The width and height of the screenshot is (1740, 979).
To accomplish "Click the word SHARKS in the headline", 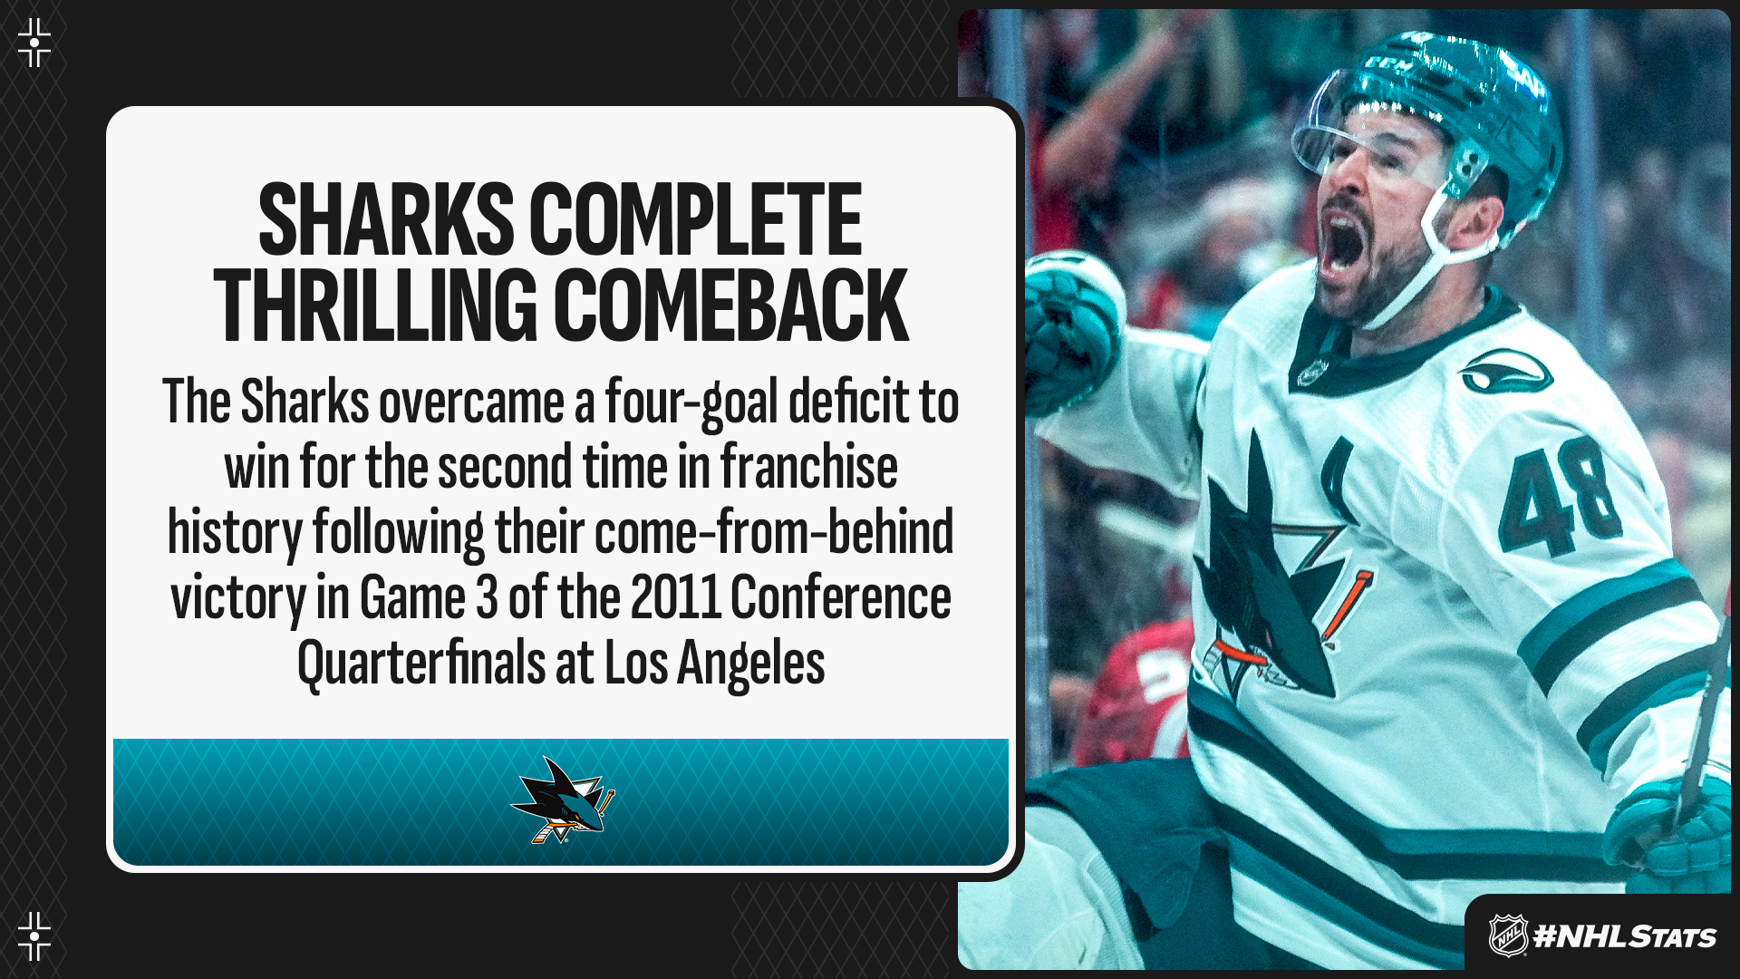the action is tap(386, 220).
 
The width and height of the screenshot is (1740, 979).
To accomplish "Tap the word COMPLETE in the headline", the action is tap(695, 220).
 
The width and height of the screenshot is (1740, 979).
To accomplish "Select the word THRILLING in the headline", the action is tap(376, 305).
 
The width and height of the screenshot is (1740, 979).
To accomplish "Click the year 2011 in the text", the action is tap(676, 598).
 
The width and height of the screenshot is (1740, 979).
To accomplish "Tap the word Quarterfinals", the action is tap(421, 664).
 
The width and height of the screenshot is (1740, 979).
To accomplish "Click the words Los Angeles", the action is tap(714, 664).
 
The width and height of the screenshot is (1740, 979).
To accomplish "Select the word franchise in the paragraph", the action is tap(808, 468).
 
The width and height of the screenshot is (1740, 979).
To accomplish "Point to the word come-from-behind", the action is tap(774, 533).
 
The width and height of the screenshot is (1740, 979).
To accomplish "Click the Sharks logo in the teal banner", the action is tap(563, 800).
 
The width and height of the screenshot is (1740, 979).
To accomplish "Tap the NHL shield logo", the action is tap(1508, 935).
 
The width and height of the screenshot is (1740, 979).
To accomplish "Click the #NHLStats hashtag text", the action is tap(1624, 936).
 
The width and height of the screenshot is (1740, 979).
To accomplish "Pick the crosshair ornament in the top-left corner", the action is tap(34, 42).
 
